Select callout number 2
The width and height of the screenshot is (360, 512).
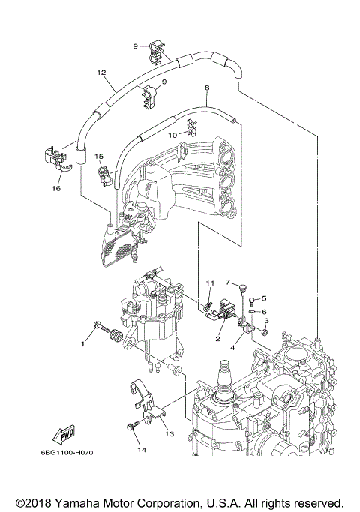coord(217,339)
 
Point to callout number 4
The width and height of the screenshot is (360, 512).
coord(234,347)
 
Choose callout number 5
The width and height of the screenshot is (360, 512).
coord(264,298)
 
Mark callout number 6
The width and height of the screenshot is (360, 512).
coord(264,311)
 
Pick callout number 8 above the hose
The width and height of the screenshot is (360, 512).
coord(206,88)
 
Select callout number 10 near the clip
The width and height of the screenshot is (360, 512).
coord(172,136)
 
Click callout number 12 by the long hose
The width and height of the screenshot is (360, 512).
coord(100,73)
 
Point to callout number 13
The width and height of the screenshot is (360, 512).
coord(169,433)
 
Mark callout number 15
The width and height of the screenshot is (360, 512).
coord(98,157)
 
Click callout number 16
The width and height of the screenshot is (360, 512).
coord(55,188)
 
